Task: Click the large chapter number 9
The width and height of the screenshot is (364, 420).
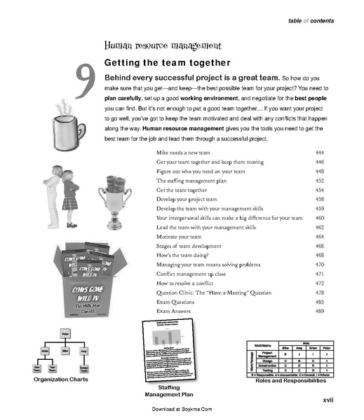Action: pos(85,83)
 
